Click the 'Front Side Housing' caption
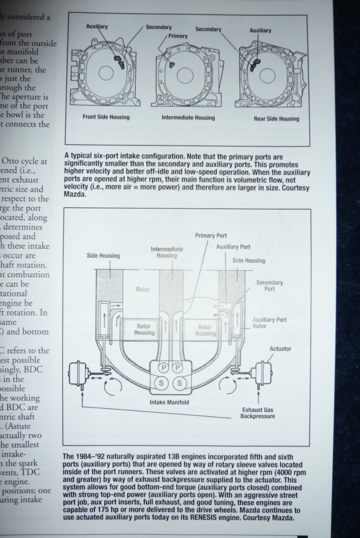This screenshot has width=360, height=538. pos(106,117)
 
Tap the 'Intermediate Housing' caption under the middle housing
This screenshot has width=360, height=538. pos(188,117)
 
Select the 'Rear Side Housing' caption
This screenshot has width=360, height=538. pos(276,118)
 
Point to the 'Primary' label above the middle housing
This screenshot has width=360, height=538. pos(178,36)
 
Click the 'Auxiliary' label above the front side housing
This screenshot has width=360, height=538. pos(98,26)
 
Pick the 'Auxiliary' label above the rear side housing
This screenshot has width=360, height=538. pos(261,31)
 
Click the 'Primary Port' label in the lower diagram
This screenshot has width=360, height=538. pos(211,236)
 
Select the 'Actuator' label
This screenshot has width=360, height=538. pos(280,348)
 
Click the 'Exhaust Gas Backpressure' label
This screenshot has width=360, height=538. pos(258,413)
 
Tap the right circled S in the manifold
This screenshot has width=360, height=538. pos(178,382)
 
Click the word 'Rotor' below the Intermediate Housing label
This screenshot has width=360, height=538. pos(143,290)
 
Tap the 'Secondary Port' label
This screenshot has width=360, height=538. pos(269,286)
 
